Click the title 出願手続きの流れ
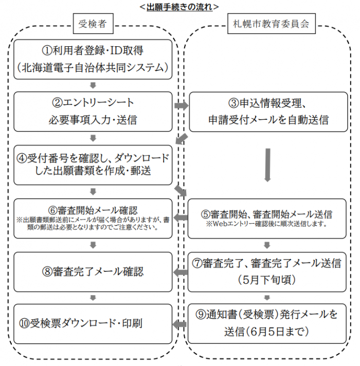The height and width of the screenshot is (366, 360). (179, 7)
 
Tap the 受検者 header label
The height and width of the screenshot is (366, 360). (93, 24)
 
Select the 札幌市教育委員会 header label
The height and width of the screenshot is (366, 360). (268, 24)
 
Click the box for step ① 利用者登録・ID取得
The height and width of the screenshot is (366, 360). (93, 59)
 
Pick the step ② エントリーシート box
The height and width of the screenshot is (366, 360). (93, 111)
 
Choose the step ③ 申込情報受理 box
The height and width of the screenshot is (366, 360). (268, 111)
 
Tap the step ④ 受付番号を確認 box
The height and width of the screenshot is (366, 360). (93, 164)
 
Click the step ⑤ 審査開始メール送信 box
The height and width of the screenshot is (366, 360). (268, 218)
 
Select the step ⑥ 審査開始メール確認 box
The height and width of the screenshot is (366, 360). (93, 218)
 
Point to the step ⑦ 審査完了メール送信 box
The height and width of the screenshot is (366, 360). (268, 271)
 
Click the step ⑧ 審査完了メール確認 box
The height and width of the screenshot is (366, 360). (93, 271)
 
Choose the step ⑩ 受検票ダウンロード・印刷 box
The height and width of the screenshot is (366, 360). (93, 324)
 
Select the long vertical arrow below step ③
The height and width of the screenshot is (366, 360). (267, 164)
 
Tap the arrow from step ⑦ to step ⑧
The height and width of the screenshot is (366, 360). (181, 272)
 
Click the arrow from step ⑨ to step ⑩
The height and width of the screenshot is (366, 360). (181, 324)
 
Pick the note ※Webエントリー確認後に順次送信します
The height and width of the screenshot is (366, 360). (268, 225)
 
